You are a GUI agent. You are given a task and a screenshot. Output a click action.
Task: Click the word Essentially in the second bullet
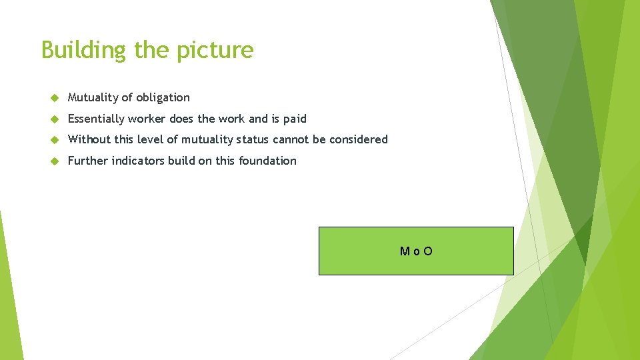[96, 119]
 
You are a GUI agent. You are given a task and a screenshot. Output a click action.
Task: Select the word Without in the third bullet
[88, 139]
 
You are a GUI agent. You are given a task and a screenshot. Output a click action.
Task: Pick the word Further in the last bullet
[88, 161]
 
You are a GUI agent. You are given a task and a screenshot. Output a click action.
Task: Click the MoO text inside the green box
[416, 251]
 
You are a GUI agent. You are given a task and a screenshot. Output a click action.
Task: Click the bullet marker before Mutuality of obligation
[55, 98]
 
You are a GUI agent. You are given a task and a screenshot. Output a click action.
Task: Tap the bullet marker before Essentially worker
[55, 119]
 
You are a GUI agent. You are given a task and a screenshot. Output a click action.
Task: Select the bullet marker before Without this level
[55, 140]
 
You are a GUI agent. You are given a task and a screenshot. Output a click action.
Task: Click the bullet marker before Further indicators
[55, 161]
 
